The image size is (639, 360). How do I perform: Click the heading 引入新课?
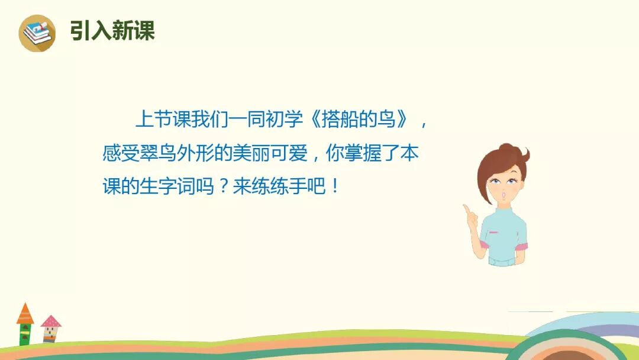[x=112, y=30]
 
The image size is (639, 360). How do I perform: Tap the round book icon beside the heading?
[x=37, y=33]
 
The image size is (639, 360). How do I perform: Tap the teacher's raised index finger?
[x=467, y=209]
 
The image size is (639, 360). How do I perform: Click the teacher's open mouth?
[x=504, y=194]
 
